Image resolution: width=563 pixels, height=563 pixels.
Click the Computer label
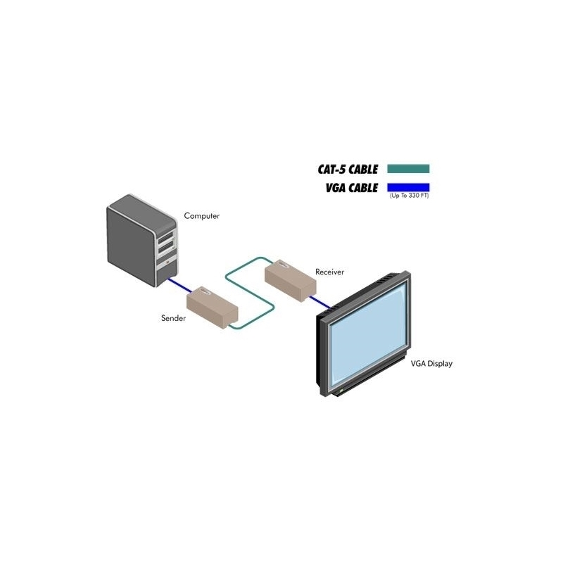pos(201,216)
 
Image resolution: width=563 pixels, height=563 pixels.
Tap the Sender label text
pos(173,318)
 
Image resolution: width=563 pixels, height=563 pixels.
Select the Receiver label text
pos(329,272)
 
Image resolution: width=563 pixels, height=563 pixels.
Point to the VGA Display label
pos(431,364)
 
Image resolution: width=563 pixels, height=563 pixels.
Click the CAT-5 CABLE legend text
pos(348,169)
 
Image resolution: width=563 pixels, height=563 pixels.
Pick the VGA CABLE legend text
pos(351,188)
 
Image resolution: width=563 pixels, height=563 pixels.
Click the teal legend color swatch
pos(408,169)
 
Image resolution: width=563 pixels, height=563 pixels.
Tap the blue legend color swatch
pos(408,187)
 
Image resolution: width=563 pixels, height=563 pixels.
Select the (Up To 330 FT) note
pos(409,196)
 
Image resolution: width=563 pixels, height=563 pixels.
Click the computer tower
pos(142,241)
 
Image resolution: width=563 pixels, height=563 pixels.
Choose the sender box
pos(213,308)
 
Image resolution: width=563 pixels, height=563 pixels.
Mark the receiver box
pos(290,281)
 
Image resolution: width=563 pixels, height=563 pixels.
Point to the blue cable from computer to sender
pos(180,285)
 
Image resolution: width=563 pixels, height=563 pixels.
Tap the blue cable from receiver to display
pos(320,302)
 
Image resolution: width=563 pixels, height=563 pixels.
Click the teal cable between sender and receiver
pos(250,293)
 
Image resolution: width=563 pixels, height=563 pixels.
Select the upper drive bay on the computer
pos(165,237)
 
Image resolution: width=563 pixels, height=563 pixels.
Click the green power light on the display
pos(341,390)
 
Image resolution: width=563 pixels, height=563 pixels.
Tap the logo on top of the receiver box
pos(283,265)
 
